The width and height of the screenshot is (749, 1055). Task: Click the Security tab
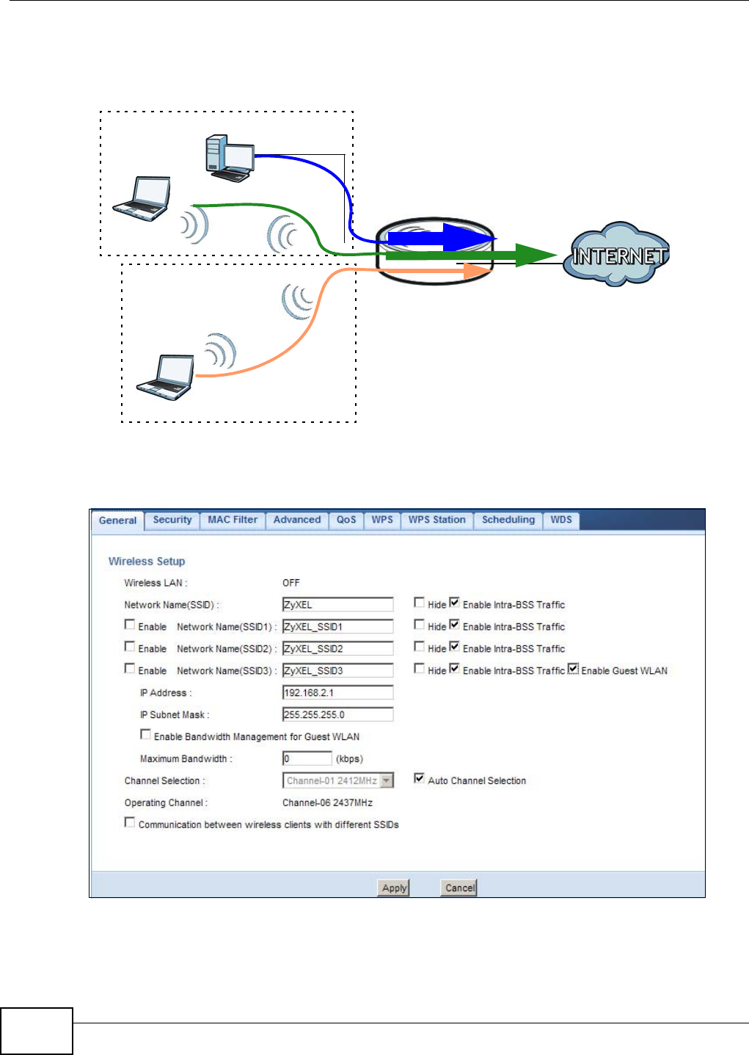pos(172,520)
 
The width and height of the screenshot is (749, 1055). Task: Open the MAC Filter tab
pos(233,520)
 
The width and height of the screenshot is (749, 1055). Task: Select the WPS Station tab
pos(436,520)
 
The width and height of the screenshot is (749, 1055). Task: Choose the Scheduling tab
pos(508,520)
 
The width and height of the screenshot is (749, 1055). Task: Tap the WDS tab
pos(561,520)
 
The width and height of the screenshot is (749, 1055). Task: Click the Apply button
pos(394,888)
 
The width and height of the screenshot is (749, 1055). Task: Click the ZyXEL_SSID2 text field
pos(337,649)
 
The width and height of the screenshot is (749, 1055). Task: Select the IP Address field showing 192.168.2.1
pos(337,693)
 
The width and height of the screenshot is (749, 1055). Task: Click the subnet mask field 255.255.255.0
pos(337,715)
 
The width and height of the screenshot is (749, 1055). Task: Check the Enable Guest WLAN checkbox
pos(574,669)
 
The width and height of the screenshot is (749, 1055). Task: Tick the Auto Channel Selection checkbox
pos(419,778)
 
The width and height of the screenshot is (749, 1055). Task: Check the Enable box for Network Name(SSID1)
pos(130,625)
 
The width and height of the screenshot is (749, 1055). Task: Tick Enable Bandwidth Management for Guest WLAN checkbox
pos(145,734)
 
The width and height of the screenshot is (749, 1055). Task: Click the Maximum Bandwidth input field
pos(307,759)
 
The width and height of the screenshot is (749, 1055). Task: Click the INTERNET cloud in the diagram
pos(618,255)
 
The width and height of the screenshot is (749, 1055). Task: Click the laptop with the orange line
pos(167,377)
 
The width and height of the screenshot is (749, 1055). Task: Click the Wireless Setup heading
pos(147,562)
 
